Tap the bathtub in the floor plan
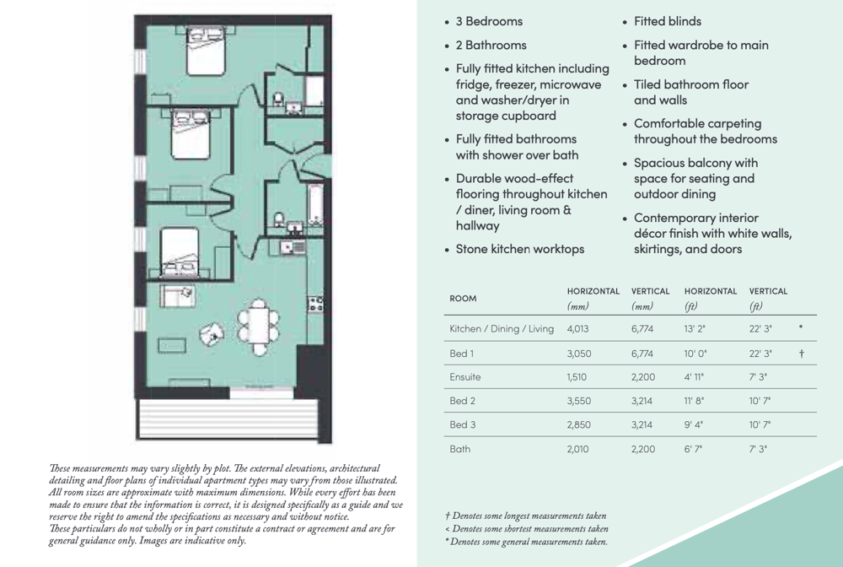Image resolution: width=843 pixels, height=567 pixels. (315, 204)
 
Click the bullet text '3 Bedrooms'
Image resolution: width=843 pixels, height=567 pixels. (489, 21)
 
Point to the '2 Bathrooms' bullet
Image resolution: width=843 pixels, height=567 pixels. (491, 45)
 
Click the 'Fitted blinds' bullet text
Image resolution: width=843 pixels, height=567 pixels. (667, 21)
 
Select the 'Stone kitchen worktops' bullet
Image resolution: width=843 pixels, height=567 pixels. (519, 249)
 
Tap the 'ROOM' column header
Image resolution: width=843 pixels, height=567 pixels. (463, 298)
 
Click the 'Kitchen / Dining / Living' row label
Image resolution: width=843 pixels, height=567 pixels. (502, 328)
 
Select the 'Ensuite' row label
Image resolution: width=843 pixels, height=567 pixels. (464, 377)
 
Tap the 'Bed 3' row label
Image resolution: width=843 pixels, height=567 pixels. (463, 425)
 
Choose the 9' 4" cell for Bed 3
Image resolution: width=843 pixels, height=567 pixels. (694, 425)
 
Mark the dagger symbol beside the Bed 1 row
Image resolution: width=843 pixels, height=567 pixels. (801, 353)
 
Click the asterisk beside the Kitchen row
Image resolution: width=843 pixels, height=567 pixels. (800, 327)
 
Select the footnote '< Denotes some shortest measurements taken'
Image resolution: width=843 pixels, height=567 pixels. (527, 529)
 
